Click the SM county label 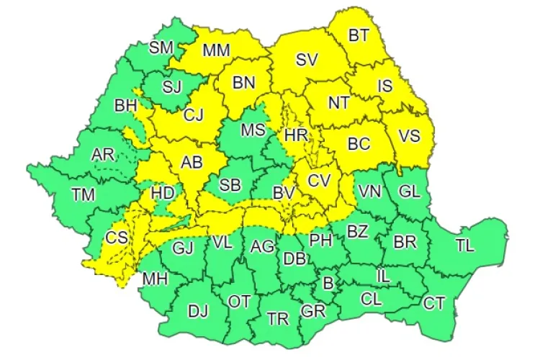161,48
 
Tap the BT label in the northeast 359,35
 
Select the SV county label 307,60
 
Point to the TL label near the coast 465,245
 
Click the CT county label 433,303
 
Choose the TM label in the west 84,193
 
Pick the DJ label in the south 198,311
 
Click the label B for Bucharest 328,284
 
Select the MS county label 253,130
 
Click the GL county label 408,192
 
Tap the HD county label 163,192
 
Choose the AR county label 103,154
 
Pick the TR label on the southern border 278,318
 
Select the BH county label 125,106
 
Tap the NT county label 339,102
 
